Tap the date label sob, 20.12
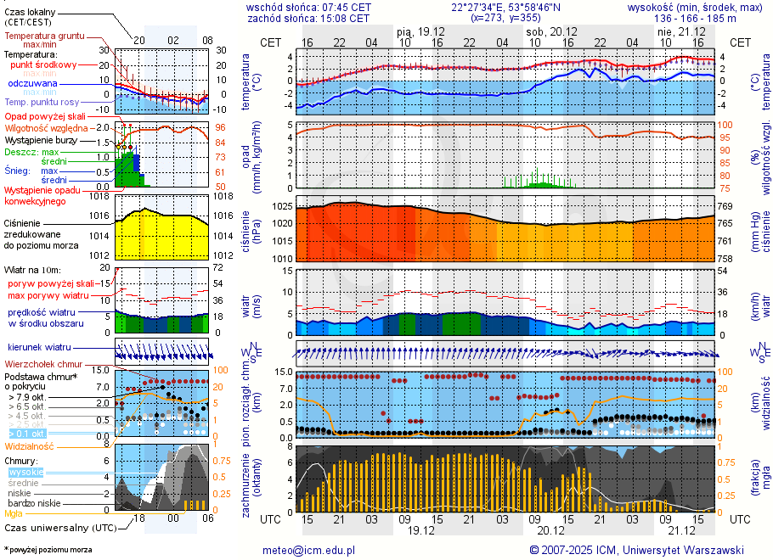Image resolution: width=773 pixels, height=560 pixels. [546, 31]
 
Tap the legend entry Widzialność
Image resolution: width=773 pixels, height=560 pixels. [30, 445]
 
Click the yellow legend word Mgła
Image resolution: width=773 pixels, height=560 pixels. [14, 513]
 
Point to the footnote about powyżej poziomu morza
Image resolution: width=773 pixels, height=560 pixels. [48, 550]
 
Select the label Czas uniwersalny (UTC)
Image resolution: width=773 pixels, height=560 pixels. [59, 528]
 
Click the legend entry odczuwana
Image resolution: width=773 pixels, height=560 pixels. [32, 84]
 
